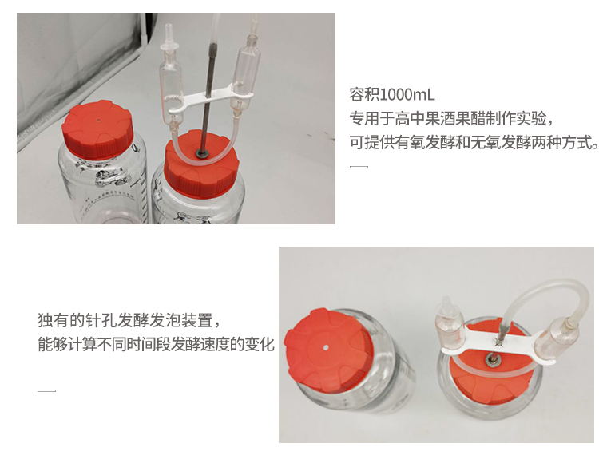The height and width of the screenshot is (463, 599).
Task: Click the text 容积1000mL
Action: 392,94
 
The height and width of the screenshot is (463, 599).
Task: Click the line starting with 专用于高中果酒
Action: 451,118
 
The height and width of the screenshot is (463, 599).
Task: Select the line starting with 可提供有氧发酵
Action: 474,142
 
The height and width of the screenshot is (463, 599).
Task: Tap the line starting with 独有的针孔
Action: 129,320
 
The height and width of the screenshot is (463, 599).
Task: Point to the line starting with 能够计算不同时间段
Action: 156,344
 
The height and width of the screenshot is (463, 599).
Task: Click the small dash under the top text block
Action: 359,167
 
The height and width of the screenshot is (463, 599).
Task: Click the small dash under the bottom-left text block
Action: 46,390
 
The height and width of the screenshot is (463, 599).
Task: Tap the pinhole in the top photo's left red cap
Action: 98,121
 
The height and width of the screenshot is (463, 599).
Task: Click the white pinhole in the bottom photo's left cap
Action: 326,348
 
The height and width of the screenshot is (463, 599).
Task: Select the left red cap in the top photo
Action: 97,129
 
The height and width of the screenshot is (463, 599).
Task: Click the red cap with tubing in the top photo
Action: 201,165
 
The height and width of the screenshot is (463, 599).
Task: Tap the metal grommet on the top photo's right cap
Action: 202,153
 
